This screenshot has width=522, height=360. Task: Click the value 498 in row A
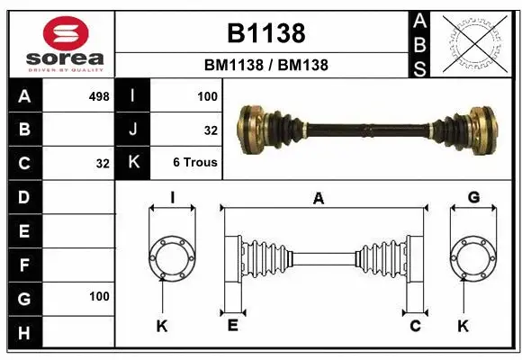99,94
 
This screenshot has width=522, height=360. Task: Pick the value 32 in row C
102,164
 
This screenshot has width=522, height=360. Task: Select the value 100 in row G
99,296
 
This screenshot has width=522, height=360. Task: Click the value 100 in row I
207,94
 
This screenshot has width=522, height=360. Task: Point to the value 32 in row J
211,130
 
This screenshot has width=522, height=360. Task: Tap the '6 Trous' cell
195,164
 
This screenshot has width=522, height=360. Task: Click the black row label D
24,197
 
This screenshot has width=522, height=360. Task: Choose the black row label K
133,164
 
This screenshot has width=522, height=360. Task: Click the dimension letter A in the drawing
318,199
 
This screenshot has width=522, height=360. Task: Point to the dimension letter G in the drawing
473,198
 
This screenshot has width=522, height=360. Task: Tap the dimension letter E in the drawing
232,326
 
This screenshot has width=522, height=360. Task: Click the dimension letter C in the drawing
415,326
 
